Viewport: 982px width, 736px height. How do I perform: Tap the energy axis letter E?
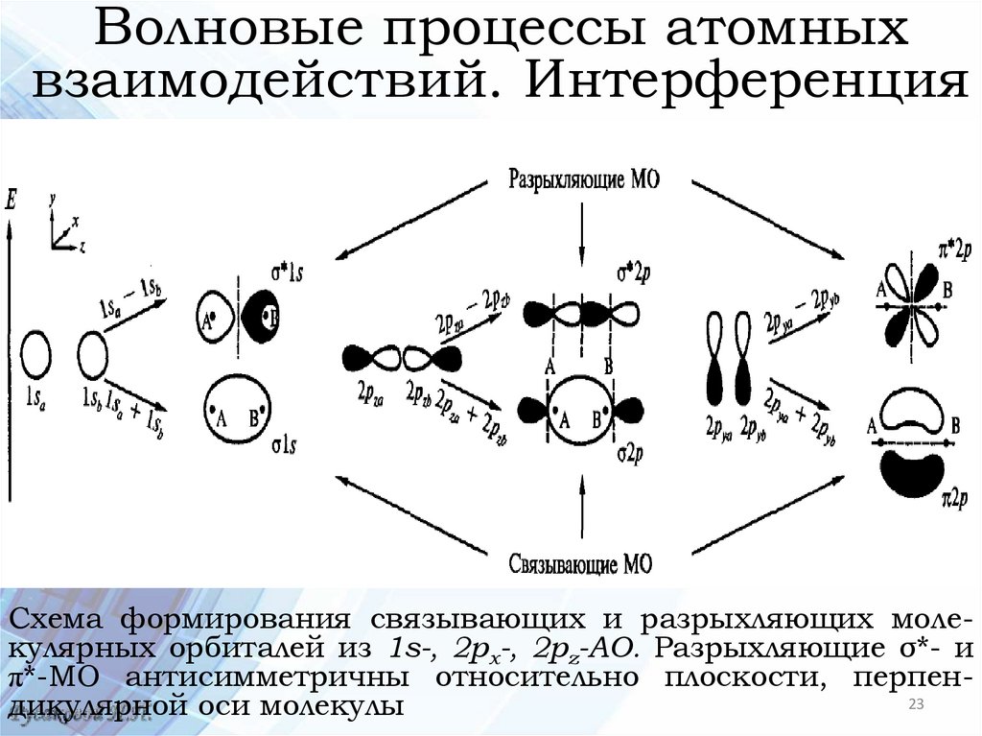pyautogui.click(x=11, y=201)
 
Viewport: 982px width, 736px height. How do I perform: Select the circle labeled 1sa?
pyautogui.click(x=35, y=354)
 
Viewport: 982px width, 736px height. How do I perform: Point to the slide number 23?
pyautogui.click(x=915, y=706)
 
